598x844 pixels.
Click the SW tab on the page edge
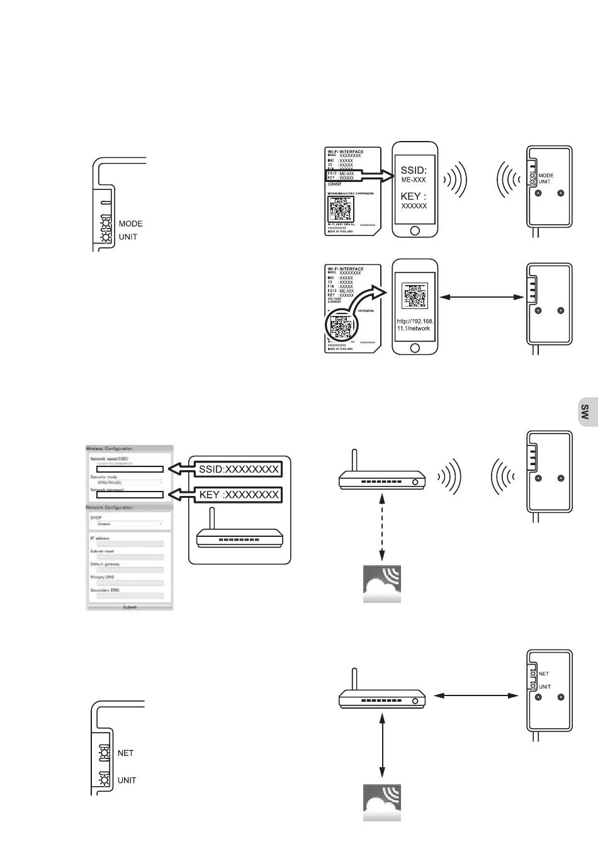(x=585, y=412)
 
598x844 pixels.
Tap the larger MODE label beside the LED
(x=131, y=223)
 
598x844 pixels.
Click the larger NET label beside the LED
(x=126, y=753)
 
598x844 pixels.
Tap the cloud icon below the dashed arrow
(x=383, y=585)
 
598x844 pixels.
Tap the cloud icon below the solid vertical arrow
(x=383, y=802)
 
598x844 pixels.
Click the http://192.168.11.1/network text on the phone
(x=415, y=324)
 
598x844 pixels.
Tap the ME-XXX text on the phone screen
(x=414, y=180)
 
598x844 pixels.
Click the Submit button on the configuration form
(x=130, y=607)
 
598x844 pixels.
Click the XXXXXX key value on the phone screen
(x=414, y=206)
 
